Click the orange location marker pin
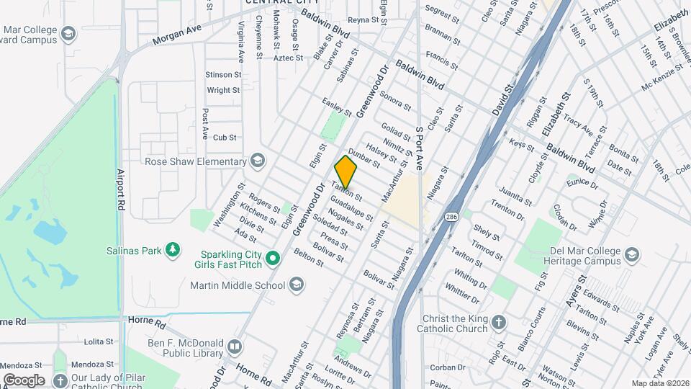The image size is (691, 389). pos(346,171)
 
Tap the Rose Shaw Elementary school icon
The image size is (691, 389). pos(258,161)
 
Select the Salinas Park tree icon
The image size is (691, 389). pos(172,250)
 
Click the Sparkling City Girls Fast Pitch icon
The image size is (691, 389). pos(272,258)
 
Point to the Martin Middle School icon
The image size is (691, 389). pos(296,285)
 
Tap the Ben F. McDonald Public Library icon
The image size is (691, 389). pos(234,347)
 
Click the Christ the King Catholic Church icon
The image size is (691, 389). pos(498,322)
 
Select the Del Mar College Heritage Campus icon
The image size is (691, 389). pos(631,254)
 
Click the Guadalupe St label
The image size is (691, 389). pos(352,207)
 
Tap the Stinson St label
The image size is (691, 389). pos(219,74)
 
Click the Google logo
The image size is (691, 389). pos(24,380)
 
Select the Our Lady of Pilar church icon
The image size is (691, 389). pos(61,380)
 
